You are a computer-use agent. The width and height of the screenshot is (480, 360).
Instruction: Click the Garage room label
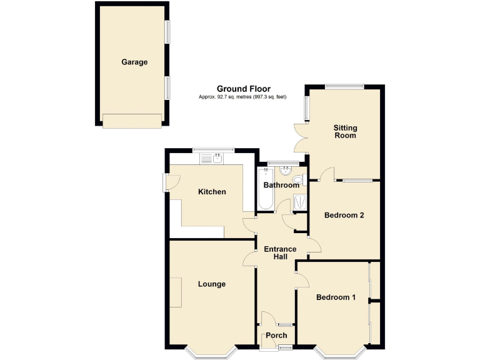tap(134, 62)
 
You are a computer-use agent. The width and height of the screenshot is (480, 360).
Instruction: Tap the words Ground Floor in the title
tap(244, 89)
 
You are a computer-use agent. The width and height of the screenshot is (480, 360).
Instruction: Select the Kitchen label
tap(212, 192)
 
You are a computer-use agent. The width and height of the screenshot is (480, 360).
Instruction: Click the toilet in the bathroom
tap(298, 181)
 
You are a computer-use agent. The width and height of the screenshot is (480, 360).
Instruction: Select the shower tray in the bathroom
tap(300, 201)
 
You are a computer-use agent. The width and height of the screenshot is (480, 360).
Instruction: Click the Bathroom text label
tap(281, 186)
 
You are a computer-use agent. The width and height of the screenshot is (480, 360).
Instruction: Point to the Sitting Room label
tap(345, 131)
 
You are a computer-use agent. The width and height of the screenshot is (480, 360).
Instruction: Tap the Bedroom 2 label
tap(344, 216)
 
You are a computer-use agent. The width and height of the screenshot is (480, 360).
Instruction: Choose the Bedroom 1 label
tap(336, 297)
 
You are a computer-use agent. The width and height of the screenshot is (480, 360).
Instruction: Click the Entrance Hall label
tap(280, 253)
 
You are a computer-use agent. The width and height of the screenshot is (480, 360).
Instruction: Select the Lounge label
tap(212, 284)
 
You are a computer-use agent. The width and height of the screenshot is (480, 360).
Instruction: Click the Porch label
tap(276, 336)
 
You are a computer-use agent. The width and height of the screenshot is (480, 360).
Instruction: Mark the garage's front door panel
tap(132, 121)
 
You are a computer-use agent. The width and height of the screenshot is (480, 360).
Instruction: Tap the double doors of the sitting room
tap(300, 137)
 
